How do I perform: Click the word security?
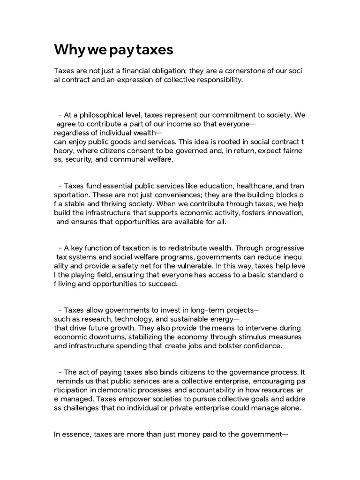[80, 160]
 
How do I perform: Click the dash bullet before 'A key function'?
[60, 248]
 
